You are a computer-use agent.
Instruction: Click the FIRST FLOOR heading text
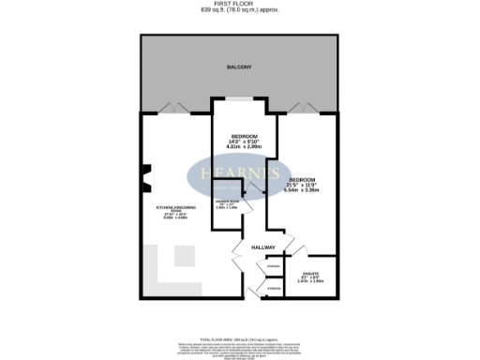point(239,5)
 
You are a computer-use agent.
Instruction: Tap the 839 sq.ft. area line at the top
point(239,11)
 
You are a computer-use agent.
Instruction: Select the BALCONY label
point(239,68)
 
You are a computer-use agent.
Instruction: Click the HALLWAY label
point(262,247)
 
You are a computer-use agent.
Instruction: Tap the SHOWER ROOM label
point(228,202)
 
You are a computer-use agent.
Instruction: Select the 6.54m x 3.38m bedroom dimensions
point(302,190)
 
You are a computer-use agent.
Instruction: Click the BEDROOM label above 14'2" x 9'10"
point(245,136)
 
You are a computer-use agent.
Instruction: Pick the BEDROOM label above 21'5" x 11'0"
point(302,179)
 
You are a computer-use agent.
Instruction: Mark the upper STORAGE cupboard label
point(273,268)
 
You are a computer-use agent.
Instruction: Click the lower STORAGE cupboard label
point(273,289)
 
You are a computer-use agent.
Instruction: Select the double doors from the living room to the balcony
point(175,107)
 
